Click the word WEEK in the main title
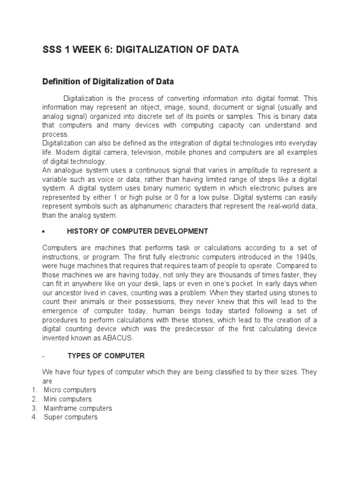84,50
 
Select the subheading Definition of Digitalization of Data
108,82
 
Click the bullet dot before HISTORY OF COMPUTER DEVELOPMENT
43,232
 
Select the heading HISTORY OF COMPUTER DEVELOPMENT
137,231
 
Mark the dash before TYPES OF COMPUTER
43,356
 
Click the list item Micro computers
70,390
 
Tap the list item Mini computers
67,399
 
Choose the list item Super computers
70,417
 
